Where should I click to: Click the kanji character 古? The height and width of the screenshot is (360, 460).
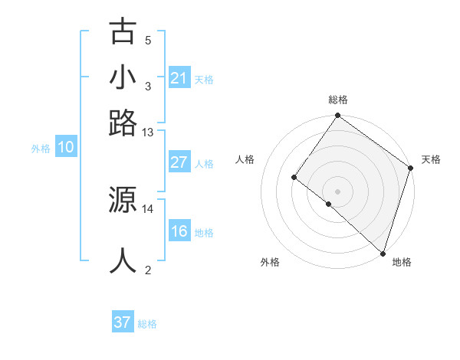point(123,32)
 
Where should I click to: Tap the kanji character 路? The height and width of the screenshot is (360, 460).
point(123,123)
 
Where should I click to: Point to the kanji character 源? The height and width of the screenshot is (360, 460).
point(123,200)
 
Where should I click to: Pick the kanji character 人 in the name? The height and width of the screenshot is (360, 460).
point(123,260)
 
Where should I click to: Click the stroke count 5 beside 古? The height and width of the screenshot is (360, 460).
point(148,41)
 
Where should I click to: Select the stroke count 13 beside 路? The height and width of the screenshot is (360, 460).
point(148,132)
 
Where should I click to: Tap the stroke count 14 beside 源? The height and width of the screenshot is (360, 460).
point(148,208)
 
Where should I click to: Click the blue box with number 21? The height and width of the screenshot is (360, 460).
point(179,78)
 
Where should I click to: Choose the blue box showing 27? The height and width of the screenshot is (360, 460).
point(179,162)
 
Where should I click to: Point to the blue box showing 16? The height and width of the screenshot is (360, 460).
point(179,232)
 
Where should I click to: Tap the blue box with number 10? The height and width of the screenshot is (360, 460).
point(66,148)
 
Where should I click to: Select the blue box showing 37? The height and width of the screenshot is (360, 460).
point(123,322)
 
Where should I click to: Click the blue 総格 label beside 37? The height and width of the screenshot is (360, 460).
point(147,324)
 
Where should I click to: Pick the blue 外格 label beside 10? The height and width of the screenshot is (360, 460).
point(41,149)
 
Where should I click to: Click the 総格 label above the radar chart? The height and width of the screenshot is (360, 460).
point(337,100)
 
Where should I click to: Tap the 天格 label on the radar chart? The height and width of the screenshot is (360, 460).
point(431,159)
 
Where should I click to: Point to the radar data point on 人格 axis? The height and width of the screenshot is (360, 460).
point(294,178)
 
